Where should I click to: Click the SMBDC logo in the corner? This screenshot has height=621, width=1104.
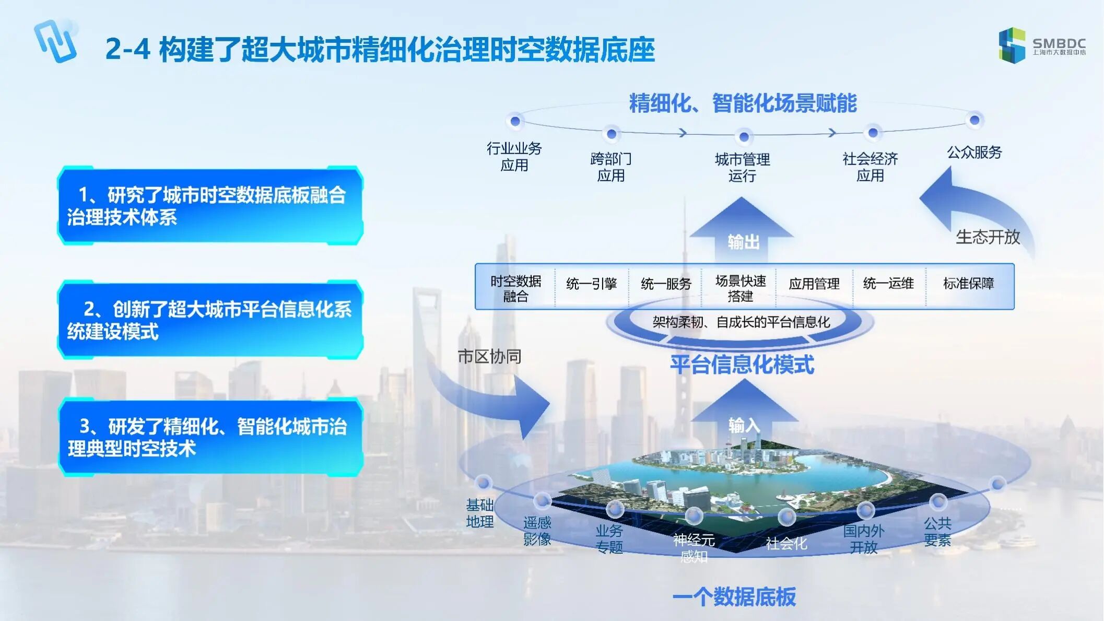[1042, 45]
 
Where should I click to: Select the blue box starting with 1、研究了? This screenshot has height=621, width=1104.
[210, 205]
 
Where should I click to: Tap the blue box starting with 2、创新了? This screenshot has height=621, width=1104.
[210, 320]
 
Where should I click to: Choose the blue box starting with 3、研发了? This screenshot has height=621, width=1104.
[210, 437]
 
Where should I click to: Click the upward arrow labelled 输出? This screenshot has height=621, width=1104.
[742, 230]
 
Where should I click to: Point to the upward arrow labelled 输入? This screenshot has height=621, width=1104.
[744, 414]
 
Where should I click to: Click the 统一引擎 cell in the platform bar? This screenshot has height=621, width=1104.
[592, 284]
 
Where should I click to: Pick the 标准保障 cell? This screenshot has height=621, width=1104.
[969, 284]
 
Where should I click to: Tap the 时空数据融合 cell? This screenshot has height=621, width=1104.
[515, 289]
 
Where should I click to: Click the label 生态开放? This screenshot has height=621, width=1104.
[988, 237]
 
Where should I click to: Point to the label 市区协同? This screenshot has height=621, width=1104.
[489, 357]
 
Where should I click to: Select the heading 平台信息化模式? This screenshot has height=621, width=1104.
[742, 365]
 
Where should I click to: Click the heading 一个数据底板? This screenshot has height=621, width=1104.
[734, 596]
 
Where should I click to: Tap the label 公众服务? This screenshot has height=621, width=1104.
[974, 153]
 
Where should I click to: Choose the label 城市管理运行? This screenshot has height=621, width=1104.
[742, 167]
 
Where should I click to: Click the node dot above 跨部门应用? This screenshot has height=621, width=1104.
[611, 134]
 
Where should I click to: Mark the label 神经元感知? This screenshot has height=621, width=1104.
[694, 548]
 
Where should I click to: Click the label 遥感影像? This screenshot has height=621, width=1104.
[537, 531]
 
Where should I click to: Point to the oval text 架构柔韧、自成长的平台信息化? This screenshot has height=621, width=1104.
[741, 322]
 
